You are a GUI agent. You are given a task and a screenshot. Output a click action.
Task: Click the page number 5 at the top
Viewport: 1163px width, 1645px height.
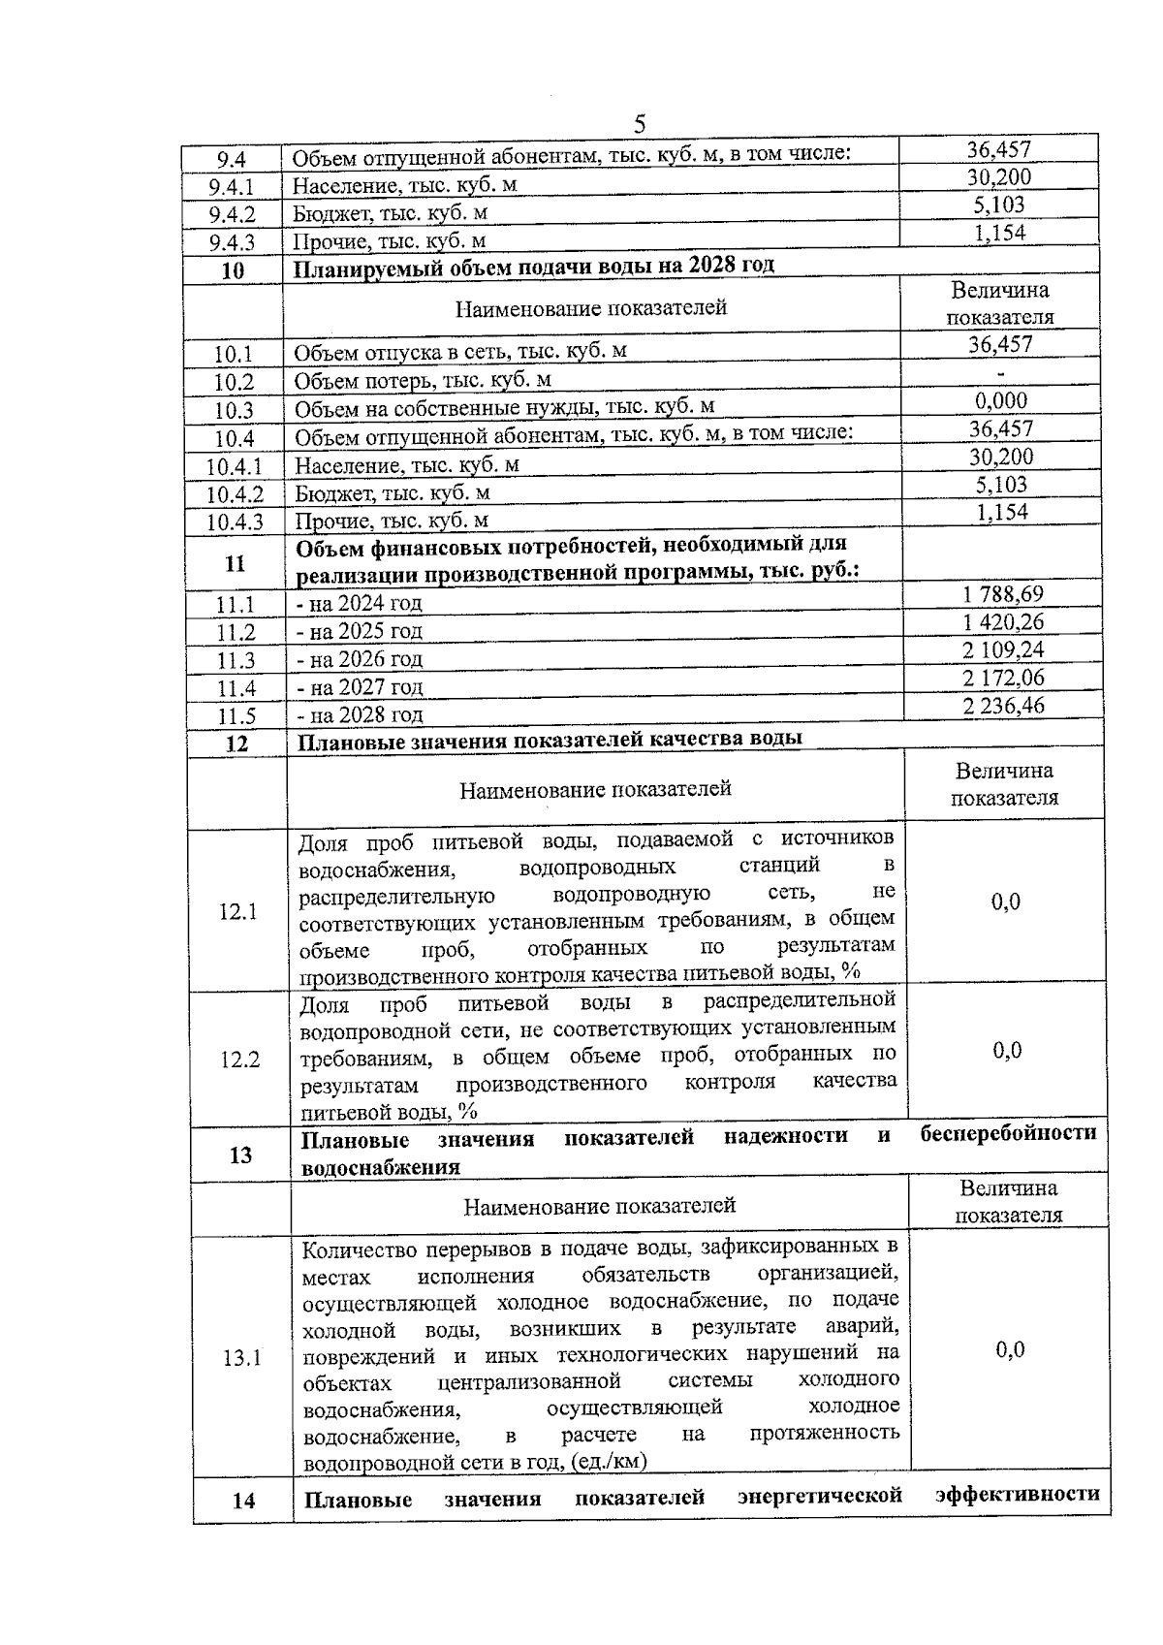639,124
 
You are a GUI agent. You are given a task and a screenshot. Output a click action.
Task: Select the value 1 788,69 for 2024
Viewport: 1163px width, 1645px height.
1002,594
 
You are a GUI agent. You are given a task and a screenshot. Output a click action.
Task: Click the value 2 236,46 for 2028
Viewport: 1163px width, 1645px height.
1004,706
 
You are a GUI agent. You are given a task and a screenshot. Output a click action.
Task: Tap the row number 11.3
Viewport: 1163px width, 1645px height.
236,661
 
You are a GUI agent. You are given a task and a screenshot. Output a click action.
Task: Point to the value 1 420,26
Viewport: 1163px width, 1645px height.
1003,622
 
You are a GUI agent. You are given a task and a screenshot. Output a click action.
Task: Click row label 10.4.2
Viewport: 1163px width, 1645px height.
235,494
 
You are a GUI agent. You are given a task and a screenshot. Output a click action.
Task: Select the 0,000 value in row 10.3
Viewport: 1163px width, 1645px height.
1001,401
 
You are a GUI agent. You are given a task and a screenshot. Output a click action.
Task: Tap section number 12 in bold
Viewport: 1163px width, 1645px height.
236,743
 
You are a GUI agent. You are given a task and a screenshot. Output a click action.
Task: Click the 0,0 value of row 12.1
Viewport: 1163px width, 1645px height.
1005,902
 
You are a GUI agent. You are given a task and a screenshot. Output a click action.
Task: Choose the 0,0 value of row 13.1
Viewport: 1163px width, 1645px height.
1010,1350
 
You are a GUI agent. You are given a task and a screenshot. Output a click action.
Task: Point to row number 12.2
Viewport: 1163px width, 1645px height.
239,1060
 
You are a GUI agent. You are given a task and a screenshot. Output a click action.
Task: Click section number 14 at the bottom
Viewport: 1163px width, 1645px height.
243,1501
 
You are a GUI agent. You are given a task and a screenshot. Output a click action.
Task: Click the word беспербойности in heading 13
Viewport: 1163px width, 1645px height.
1008,1133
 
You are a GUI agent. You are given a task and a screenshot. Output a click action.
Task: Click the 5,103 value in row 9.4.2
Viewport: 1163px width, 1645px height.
999,206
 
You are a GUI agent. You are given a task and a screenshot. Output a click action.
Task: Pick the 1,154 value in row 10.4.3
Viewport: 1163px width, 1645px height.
1002,513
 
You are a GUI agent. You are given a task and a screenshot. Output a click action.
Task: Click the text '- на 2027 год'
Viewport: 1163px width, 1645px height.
360,687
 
